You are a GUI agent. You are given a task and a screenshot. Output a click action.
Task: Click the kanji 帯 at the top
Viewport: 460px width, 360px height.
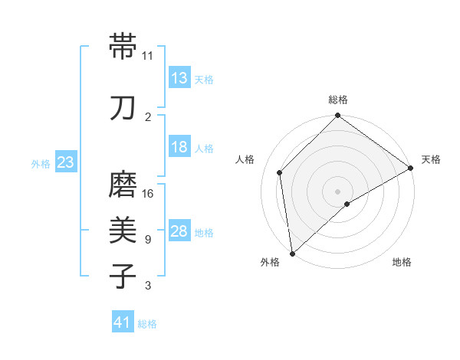pyautogui.click(x=124, y=47)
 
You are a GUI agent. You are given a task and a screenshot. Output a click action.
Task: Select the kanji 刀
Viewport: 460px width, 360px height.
pyautogui.click(x=124, y=108)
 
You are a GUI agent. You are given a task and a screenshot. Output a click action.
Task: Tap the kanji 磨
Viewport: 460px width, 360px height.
pyautogui.click(x=124, y=185)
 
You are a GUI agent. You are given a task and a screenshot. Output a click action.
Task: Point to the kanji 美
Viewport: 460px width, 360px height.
pyautogui.click(x=124, y=229)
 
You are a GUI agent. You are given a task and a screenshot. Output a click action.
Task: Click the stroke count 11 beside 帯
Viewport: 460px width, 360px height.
pyautogui.click(x=148, y=56)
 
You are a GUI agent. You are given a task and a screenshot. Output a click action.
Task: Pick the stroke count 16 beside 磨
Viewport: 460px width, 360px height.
pyautogui.click(x=148, y=193)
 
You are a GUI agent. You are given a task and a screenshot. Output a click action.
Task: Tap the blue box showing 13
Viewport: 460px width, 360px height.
pyautogui.click(x=179, y=78)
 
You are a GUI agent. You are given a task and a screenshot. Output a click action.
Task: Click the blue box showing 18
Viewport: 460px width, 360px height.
pyautogui.click(x=179, y=147)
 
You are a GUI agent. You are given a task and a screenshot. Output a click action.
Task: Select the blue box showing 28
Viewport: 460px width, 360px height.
pyautogui.click(x=179, y=231)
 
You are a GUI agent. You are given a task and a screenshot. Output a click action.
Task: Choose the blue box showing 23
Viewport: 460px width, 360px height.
pyautogui.click(x=65, y=162)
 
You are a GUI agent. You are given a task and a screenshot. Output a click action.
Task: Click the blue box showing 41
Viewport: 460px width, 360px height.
pyautogui.click(x=122, y=323)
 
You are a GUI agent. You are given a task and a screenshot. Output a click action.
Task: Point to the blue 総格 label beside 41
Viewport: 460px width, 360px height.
pyautogui.click(x=147, y=324)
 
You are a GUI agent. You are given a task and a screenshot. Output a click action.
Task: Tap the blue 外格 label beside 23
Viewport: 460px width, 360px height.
pyautogui.click(x=41, y=163)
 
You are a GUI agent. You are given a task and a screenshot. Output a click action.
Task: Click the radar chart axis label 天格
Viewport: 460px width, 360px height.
pyautogui.click(x=431, y=159)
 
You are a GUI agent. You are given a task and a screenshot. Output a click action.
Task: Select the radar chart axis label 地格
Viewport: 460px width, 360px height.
pyautogui.click(x=402, y=262)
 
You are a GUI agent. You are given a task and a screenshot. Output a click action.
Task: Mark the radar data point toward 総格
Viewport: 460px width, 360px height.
pyautogui.click(x=337, y=116)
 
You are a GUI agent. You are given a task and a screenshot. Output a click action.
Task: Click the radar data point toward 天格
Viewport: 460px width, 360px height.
pyautogui.click(x=411, y=168)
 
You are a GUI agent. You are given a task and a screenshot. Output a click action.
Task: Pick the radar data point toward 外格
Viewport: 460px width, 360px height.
pyautogui.click(x=292, y=253)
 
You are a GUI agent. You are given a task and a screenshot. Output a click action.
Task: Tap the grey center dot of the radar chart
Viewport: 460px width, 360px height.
pyautogui.click(x=337, y=191)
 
